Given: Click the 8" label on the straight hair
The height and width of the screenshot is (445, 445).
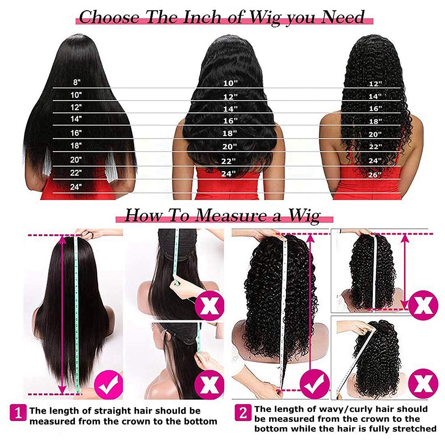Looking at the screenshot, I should click(x=76, y=82).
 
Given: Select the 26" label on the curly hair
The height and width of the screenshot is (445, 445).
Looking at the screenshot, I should click(x=375, y=174).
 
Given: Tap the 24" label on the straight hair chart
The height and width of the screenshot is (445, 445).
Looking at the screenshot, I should click(x=76, y=186).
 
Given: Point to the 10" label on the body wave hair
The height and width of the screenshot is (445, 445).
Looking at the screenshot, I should click(x=230, y=83).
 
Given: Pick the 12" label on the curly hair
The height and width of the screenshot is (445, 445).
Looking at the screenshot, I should click(x=375, y=84).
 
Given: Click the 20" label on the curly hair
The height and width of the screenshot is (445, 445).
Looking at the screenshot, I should click(x=375, y=134).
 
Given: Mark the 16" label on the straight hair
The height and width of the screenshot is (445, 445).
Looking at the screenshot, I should click(x=76, y=132).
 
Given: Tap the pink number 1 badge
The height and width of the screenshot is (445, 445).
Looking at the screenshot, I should click(x=18, y=413).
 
